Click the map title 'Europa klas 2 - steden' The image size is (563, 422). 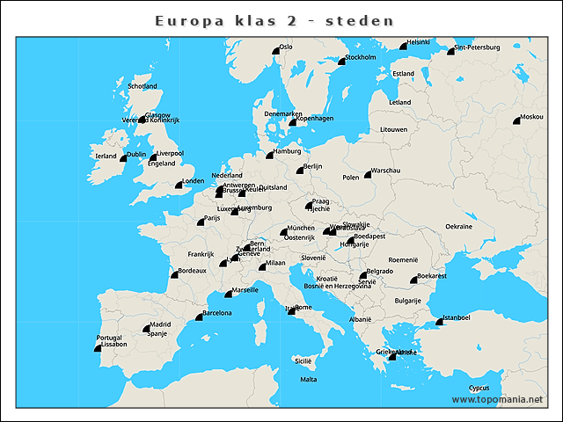tap(274, 20)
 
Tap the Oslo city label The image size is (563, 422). tap(286, 47)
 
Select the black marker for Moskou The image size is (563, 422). tap(516, 121)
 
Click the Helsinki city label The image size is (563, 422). tap(419, 42)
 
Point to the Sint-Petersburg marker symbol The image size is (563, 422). tap(450, 52)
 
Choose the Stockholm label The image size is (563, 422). tap(361, 57)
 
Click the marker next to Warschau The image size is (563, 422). tap(369, 175)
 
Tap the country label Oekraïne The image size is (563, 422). tap(458, 226)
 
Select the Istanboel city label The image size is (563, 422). tap(457, 316)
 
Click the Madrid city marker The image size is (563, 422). tap(146, 329)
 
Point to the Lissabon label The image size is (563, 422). tap(113, 345)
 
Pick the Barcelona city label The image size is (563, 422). tap(217, 313)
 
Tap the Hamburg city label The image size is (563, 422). tap(288, 151)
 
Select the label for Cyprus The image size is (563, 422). tap(479, 388)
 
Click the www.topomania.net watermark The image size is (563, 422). tap(497, 399)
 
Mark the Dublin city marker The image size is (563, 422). tap(124, 158)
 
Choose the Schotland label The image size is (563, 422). tap(143, 86)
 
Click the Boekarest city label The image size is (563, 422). tap(432, 276)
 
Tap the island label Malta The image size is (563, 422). tap(308, 379)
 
